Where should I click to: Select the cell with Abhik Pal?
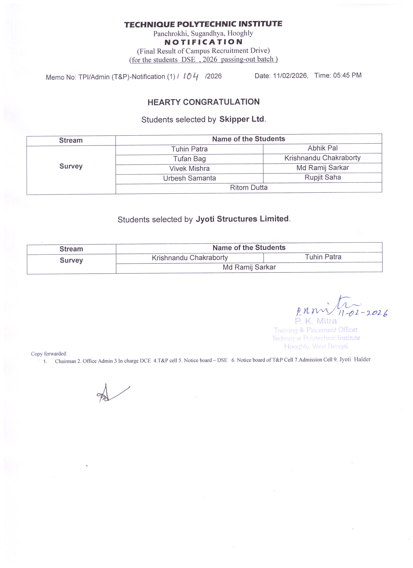[322, 148]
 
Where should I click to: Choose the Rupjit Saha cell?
[323, 178]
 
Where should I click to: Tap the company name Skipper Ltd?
[242, 119]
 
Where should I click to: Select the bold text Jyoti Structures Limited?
[242, 219]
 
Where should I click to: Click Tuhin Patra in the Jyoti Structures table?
[323, 257]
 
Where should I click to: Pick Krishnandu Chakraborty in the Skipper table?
[322, 158]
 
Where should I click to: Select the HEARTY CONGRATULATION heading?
[203, 102]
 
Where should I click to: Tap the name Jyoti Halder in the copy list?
[355, 360]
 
